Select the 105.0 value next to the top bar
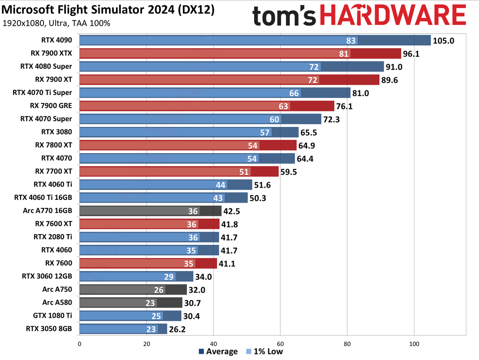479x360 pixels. click(444, 41)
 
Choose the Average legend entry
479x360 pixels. click(219, 352)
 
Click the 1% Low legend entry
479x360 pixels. click(265, 352)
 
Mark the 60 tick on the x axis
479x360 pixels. click(280, 343)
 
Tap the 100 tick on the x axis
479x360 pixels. click(414, 343)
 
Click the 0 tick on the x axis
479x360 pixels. click(80, 343)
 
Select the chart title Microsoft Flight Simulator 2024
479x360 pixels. click(108, 10)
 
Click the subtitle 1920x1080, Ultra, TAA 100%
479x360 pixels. click(56, 23)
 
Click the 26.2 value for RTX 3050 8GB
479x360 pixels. click(178, 329)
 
